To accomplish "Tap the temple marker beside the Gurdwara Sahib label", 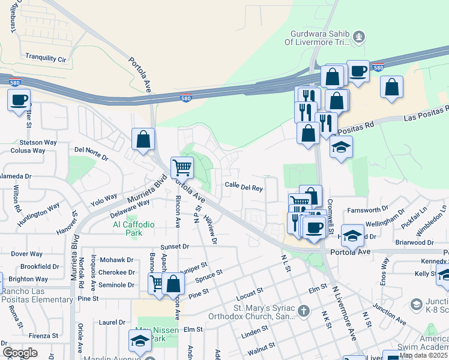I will (359, 37).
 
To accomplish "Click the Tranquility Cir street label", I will (46, 58).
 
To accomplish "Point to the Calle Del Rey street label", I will (244, 188).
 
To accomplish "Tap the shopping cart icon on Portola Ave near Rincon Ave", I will (182, 167).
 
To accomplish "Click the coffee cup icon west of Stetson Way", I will (19, 100).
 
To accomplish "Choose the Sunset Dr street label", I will (175, 247).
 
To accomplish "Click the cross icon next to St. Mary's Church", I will (304, 311).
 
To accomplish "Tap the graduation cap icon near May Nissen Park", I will (140, 341).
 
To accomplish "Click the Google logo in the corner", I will (20, 352).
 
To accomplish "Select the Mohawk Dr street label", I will (117, 260).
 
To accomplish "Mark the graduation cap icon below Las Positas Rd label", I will (341, 148).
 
